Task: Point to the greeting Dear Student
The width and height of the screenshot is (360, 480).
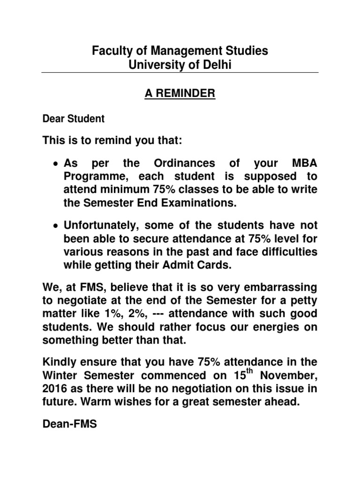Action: pyautogui.click(x=74, y=119)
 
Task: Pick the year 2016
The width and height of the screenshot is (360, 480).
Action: pyautogui.click(x=56, y=388)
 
